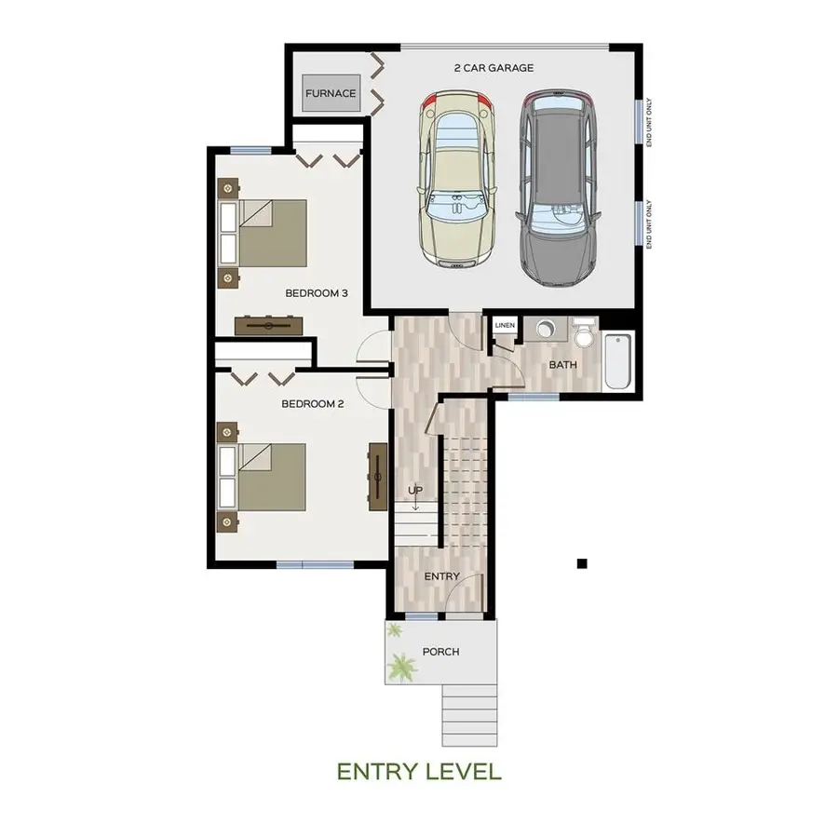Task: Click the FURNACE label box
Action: click(331, 93)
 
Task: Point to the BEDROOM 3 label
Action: click(316, 293)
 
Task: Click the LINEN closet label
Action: click(505, 326)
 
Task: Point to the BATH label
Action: click(562, 365)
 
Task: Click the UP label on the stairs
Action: click(415, 490)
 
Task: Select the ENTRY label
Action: click(441, 576)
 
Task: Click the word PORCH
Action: click(440, 652)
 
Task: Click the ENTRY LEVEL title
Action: click(419, 772)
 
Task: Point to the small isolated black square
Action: click(582, 562)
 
